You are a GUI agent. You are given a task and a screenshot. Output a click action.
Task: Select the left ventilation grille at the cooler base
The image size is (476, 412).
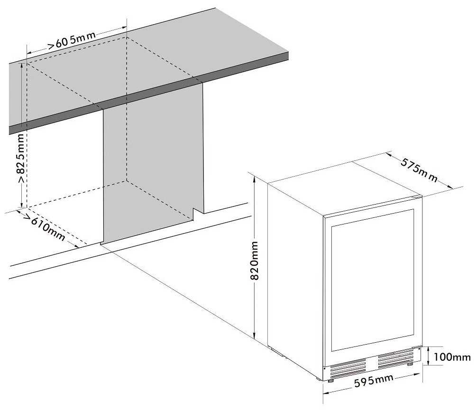point(348,366)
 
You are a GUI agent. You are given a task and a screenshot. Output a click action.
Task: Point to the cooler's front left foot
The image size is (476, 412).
point(330,379)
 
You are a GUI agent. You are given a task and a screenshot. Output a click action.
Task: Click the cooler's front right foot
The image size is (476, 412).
point(409,364)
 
